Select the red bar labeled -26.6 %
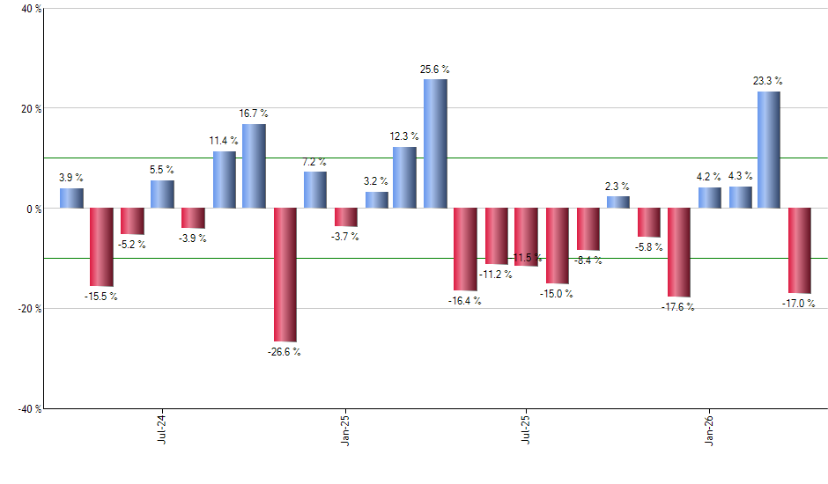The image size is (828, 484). [285, 275]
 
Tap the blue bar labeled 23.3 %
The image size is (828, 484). [768, 150]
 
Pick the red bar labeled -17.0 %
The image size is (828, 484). [799, 251]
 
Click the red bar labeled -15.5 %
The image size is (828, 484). [101, 247]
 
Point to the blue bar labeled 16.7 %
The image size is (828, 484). [254, 166]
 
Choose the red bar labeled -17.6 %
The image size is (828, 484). [678, 253]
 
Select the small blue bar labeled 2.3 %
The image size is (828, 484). [617, 202]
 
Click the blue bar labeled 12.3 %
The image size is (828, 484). [404, 178]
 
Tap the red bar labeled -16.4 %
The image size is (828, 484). [465, 249]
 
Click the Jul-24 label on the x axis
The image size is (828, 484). [162, 429]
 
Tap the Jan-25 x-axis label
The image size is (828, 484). [344, 429]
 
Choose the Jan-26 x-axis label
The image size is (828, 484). [709, 429]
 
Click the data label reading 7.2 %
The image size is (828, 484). [314, 163]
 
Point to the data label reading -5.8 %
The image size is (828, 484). [649, 247]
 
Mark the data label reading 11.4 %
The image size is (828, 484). [224, 142]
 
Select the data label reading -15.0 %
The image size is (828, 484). [557, 294]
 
